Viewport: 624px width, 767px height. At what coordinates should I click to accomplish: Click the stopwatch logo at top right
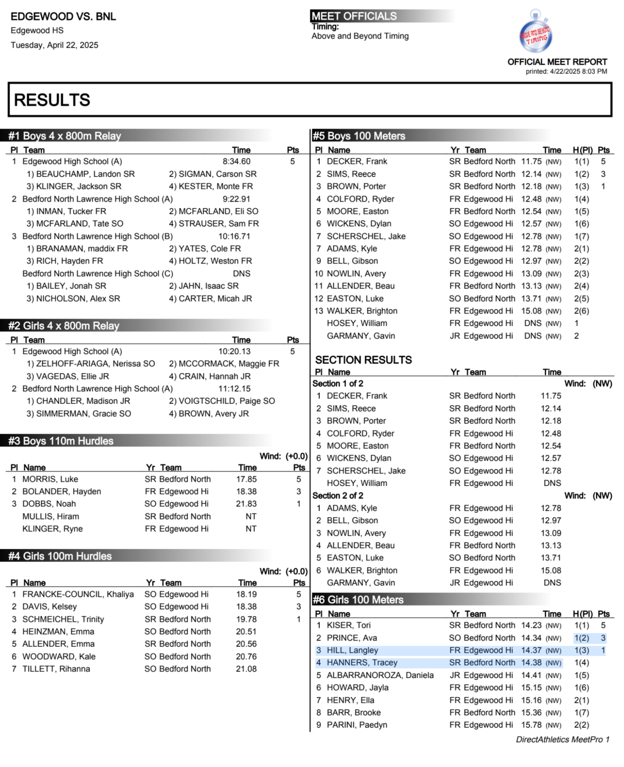click(535, 33)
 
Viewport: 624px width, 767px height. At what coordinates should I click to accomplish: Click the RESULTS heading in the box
click(52, 100)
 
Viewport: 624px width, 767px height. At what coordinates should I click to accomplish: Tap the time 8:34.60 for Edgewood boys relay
click(236, 162)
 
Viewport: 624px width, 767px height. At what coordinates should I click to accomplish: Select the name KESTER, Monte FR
click(211, 186)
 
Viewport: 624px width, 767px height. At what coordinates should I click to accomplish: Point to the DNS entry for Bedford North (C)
click(242, 273)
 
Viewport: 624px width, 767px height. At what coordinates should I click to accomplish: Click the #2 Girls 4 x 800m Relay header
click(64, 326)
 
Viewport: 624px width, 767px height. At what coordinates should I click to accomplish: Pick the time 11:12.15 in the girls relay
click(234, 389)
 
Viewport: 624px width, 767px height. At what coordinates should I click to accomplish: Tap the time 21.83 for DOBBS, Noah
click(246, 504)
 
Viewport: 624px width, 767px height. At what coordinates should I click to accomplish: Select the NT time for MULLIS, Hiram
click(251, 516)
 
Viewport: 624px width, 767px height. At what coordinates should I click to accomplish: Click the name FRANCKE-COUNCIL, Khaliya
click(78, 594)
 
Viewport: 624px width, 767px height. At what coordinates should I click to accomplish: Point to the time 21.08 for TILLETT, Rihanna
click(246, 669)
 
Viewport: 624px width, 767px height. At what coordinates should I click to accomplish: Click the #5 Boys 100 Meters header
click(359, 136)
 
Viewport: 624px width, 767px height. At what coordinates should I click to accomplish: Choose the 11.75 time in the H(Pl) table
click(531, 162)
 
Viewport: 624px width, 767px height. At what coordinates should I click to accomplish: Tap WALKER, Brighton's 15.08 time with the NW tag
click(531, 311)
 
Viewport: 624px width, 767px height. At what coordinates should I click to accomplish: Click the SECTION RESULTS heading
click(363, 360)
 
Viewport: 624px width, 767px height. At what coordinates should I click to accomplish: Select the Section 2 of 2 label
click(338, 495)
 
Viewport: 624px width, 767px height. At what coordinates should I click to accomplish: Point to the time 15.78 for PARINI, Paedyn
click(531, 725)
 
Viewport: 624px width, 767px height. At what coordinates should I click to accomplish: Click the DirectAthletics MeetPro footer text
click(562, 739)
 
